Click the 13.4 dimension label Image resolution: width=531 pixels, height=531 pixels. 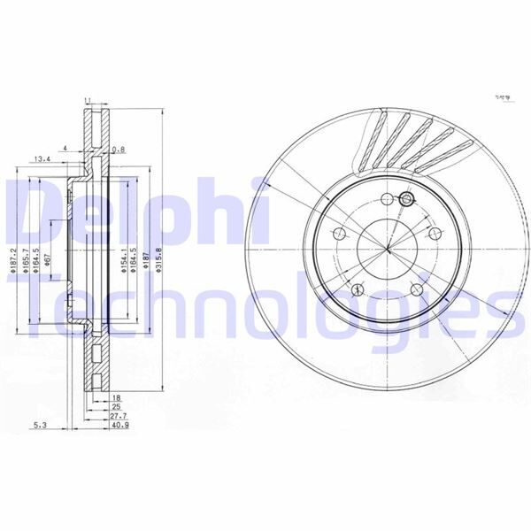pyautogui.click(x=42, y=160)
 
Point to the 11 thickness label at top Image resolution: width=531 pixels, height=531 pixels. pyautogui.click(x=88, y=101)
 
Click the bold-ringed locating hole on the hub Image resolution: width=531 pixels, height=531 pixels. pyautogui.click(x=406, y=200)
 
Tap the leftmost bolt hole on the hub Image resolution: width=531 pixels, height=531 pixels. pyautogui.click(x=338, y=235)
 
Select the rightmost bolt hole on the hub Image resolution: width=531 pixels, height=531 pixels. pyautogui.click(x=435, y=233)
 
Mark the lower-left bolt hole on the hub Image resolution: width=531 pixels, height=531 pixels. pyautogui.click(x=358, y=289)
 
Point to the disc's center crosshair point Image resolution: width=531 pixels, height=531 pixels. pyautogui.click(x=387, y=249)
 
